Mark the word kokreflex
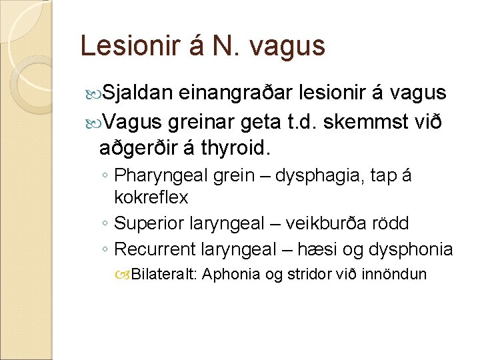point(151,198)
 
